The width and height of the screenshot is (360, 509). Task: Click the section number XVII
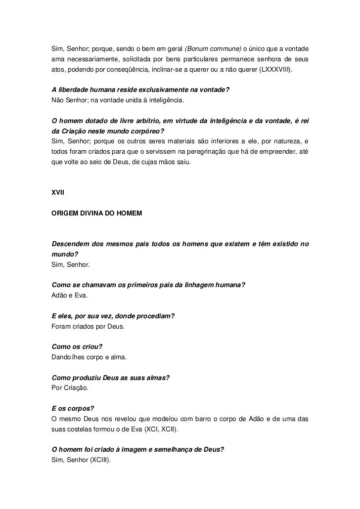[x=58, y=193]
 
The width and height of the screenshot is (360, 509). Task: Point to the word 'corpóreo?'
[x=147, y=131]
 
